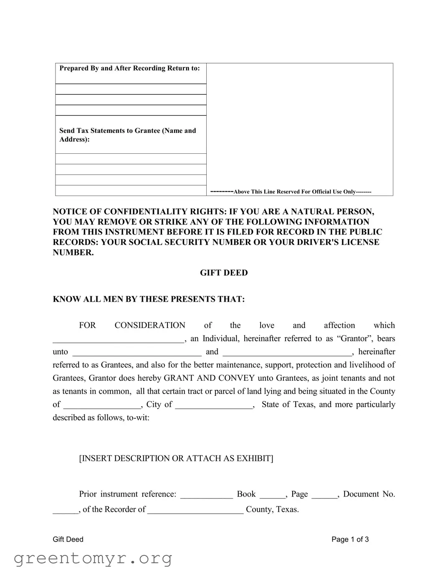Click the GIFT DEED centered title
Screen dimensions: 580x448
pos(224,273)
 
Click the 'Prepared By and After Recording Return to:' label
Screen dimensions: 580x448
pos(129,69)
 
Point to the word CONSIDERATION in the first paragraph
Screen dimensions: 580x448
pos(150,326)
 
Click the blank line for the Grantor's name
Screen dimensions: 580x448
pos(118,339)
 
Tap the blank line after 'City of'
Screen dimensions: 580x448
pos(214,405)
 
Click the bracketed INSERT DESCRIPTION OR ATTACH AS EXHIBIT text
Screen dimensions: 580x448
pos(176,458)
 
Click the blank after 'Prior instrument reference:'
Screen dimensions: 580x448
pos(206,495)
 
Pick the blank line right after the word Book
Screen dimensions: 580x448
pos(272,495)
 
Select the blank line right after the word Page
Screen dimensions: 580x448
pos(324,495)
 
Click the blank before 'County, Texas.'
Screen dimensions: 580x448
pos(195,510)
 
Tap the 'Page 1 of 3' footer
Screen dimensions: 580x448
pos(350,539)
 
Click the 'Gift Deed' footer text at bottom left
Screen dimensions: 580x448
pos(68,539)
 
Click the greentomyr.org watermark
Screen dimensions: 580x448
pos(93,558)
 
